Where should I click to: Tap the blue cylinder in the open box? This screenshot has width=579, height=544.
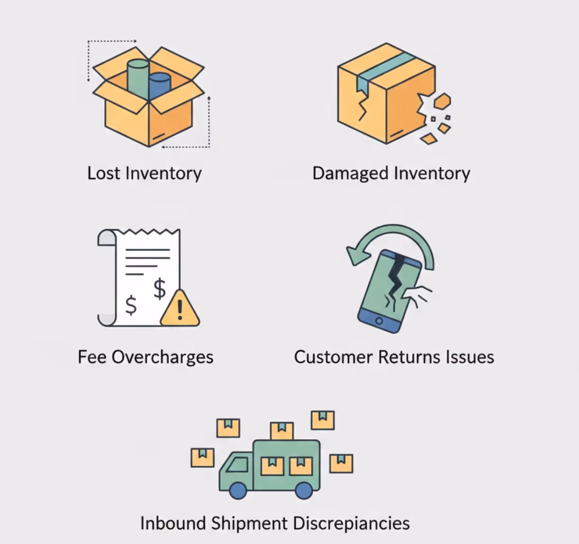(159, 87)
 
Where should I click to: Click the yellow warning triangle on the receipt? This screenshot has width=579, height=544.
(180, 309)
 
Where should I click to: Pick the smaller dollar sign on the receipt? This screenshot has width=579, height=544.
(131, 305)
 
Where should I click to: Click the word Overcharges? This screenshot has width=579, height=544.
(162, 357)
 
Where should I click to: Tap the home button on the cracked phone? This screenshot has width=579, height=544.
(378, 321)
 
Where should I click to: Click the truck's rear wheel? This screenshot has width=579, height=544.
(304, 490)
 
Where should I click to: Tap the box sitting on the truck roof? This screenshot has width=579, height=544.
(282, 431)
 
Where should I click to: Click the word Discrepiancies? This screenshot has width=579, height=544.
(351, 523)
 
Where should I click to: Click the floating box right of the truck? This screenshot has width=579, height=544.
(341, 463)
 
